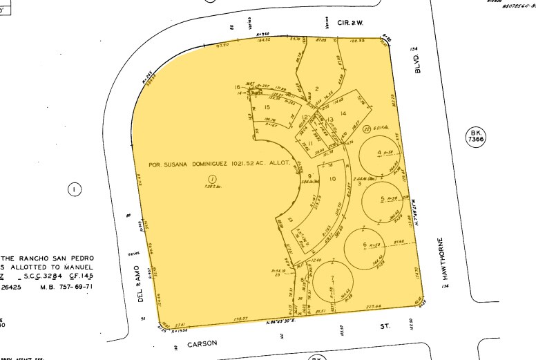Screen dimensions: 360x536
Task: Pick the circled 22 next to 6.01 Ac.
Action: [x=366, y=128]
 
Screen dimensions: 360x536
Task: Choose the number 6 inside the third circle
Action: [x=365, y=245]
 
